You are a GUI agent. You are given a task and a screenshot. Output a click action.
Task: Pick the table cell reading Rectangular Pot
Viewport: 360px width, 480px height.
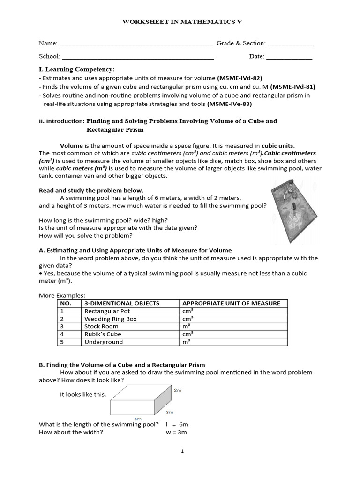[x=107, y=311]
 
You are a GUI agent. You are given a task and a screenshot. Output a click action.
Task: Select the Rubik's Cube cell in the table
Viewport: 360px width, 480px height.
[x=103, y=334]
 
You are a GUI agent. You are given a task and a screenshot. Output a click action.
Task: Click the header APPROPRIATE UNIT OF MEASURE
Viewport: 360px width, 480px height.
[x=231, y=303]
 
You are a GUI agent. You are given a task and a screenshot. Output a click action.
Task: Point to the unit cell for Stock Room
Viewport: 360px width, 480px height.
[x=186, y=326]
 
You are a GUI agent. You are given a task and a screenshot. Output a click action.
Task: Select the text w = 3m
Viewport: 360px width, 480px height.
[x=176, y=432]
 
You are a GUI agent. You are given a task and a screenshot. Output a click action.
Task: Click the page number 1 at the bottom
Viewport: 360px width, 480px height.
[x=182, y=451]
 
